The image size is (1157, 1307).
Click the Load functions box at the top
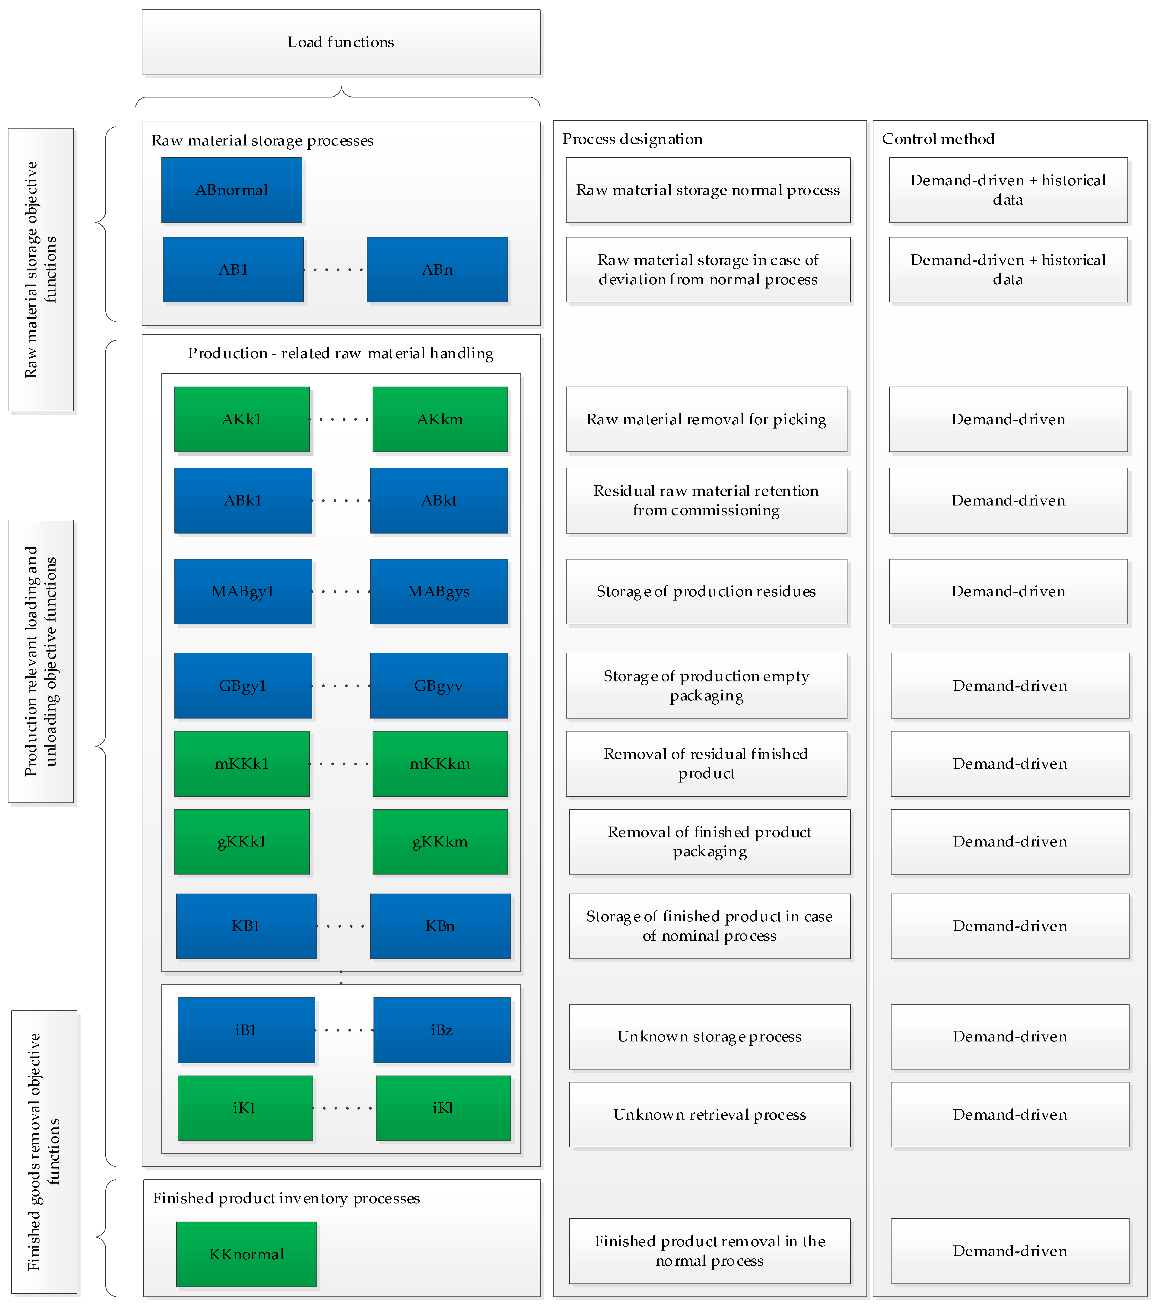tap(341, 42)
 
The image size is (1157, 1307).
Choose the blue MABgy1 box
tap(243, 591)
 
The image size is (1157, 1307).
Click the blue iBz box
tap(442, 1030)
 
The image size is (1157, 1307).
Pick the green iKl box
tap(443, 1108)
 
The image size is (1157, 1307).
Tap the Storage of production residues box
tap(706, 591)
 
